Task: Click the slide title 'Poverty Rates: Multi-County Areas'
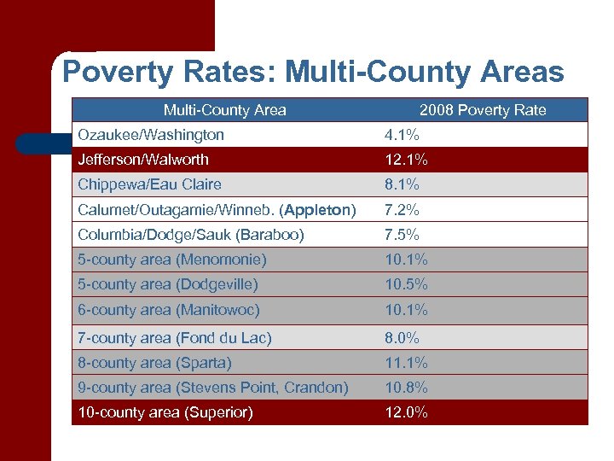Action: tap(313, 72)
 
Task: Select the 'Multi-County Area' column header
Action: tap(224, 110)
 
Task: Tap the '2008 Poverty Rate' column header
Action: tap(483, 110)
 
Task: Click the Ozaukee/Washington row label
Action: tap(151, 135)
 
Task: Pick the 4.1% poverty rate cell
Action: tap(402, 135)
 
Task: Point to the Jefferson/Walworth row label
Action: tap(143, 160)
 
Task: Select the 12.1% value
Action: tap(406, 160)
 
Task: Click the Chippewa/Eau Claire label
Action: tap(149, 184)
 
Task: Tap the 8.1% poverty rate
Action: tap(402, 184)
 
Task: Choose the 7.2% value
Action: tap(402, 210)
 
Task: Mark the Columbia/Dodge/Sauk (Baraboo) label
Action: tap(191, 235)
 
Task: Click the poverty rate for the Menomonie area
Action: tap(406, 260)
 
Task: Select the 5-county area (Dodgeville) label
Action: tap(168, 284)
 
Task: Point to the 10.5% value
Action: tap(406, 284)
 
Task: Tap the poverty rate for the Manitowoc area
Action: tap(406, 310)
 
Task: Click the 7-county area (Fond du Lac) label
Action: tap(175, 338)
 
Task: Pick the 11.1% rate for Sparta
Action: tap(406, 363)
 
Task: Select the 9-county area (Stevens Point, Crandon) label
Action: tap(213, 388)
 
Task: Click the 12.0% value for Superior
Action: tap(406, 412)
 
